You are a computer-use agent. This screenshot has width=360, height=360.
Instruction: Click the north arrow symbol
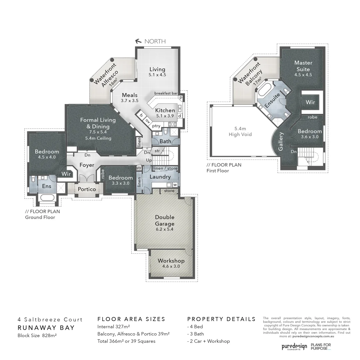pyautogui.click(x=138, y=41)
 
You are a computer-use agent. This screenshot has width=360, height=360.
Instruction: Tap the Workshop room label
pyautogui.click(x=171, y=261)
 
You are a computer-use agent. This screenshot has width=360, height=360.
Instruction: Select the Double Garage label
pyautogui.click(x=165, y=220)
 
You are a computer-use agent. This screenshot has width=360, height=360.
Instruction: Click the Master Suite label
pyautogui.click(x=303, y=66)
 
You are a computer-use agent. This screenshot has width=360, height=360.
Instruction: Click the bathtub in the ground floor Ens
pyautogui.click(x=47, y=199)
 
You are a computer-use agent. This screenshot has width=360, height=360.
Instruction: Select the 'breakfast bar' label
pyautogui.click(x=166, y=93)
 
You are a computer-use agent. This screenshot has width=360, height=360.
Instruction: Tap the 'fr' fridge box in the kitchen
pyautogui.click(x=141, y=116)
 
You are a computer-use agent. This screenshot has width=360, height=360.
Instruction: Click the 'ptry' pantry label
pyautogui.click(x=156, y=126)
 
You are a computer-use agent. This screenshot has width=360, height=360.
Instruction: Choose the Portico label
pyautogui.click(x=87, y=189)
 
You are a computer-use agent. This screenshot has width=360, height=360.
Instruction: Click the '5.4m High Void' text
pyautogui.click(x=240, y=131)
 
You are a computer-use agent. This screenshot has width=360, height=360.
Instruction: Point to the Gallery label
pyautogui.click(x=281, y=141)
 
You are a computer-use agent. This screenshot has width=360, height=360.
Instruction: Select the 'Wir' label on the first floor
pyautogui.click(x=310, y=102)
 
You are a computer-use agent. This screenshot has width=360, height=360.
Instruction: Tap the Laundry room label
pyautogui.click(x=160, y=177)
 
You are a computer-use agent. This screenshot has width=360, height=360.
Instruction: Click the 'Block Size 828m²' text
pyautogui.click(x=37, y=335)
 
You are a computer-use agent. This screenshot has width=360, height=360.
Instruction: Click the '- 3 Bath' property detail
pyautogui.click(x=196, y=334)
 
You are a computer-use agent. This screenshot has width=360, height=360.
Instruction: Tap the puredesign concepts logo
pyautogui.click(x=294, y=347)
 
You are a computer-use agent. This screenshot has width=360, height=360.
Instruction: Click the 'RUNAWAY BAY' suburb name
pyautogui.click(x=46, y=327)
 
